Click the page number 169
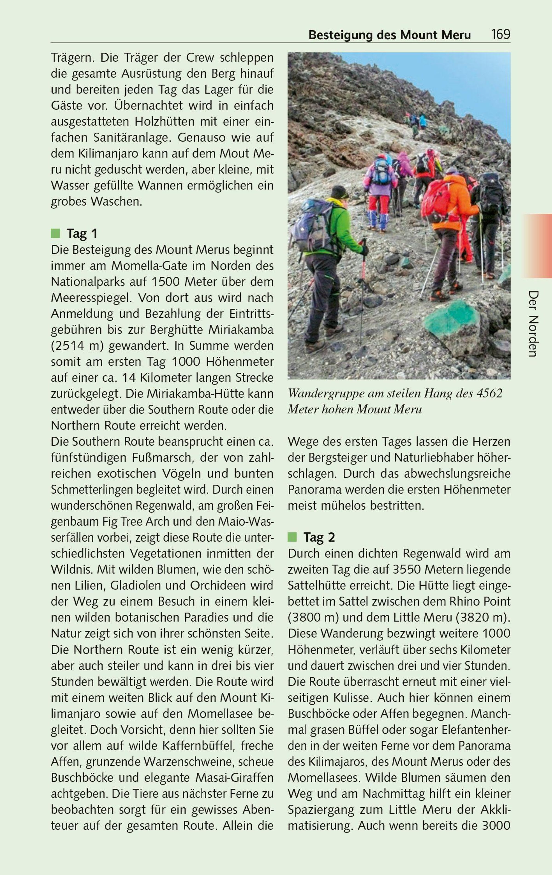500,35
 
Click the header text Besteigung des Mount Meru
389,35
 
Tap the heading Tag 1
82,233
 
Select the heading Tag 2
319,537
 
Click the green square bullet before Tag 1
55,233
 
